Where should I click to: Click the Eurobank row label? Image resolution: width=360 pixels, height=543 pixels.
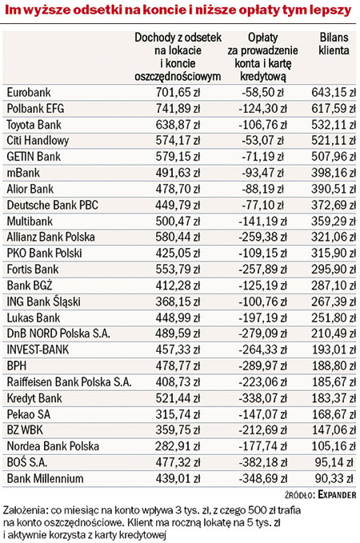(29, 93)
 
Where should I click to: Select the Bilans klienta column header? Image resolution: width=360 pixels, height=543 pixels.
(334, 44)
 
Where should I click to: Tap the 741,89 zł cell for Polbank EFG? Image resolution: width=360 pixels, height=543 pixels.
(178, 109)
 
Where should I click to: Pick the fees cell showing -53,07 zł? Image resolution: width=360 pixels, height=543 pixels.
(262, 141)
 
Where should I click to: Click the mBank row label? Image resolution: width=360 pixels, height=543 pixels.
(23, 173)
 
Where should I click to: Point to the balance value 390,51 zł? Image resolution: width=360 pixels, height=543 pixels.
(334, 189)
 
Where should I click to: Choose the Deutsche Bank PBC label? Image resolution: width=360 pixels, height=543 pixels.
(52, 205)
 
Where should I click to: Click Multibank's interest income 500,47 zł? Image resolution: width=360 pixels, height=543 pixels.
(178, 222)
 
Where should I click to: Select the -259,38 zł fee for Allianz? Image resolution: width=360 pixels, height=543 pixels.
(262, 238)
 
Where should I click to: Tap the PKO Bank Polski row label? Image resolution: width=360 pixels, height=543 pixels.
(44, 254)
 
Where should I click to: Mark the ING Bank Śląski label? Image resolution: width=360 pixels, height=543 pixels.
(44, 301)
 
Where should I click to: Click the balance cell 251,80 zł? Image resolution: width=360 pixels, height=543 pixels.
(334, 318)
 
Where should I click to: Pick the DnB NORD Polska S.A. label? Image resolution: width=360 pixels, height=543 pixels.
(58, 333)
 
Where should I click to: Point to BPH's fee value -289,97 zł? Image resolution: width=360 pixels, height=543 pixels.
(262, 366)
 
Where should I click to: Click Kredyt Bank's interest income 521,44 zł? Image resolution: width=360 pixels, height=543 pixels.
(178, 398)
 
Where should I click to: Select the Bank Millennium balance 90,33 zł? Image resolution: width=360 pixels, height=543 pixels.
(334, 478)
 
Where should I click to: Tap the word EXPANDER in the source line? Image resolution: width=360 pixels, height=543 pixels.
(337, 495)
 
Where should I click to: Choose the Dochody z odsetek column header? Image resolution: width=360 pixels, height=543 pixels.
(178, 57)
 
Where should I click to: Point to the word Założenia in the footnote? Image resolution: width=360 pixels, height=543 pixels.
(26, 510)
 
